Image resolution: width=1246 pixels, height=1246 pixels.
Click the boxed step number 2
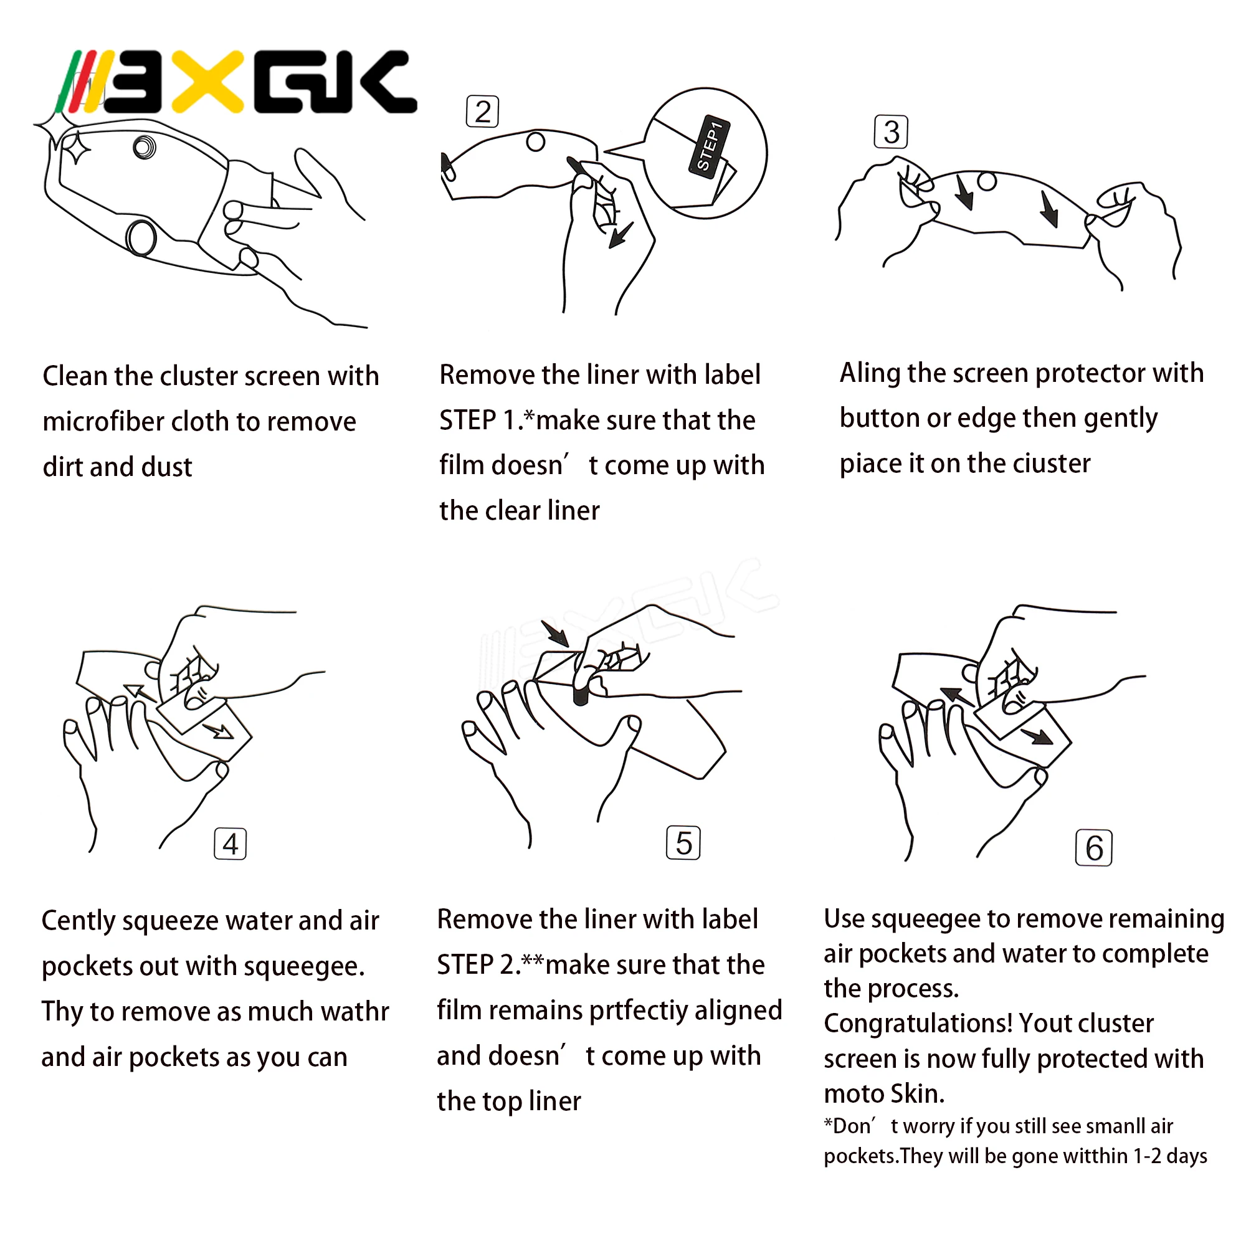[482, 112]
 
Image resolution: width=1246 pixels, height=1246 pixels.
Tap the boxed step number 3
[892, 131]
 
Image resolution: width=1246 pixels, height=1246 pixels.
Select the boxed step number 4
[231, 844]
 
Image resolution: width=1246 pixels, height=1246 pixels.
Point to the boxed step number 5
[683, 843]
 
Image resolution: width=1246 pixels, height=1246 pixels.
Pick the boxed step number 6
[1094, 847]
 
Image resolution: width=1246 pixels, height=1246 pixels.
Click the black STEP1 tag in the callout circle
[709, 146]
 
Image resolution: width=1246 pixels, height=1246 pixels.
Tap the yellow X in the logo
[207, 82]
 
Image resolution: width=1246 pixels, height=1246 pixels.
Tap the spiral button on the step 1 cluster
[145, 147]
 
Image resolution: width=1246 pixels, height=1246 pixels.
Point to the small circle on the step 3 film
[987, 181]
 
